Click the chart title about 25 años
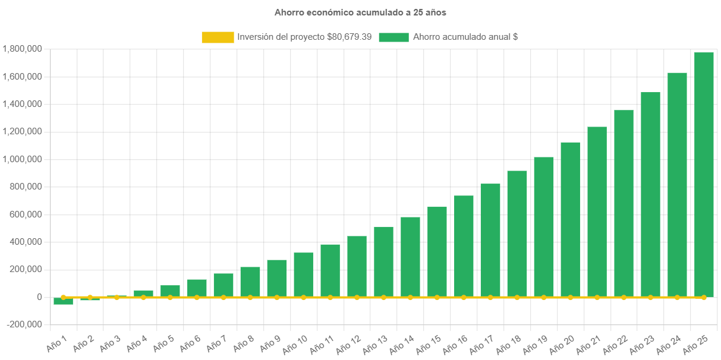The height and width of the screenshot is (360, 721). tap(360, 12)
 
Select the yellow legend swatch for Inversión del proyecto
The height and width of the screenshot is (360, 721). tap(218, 37)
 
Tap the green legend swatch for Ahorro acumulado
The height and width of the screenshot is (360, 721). tap(393, 37)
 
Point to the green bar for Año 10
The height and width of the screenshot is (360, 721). tap(303, 273)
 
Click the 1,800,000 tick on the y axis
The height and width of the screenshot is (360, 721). tap(22, 49)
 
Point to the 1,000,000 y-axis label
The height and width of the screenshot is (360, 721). tap(22, 159)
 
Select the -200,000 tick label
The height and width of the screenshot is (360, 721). tap(24, 324)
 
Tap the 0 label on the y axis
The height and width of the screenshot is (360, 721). tap(39, 297)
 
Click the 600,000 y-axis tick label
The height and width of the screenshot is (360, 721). tap(25, 214)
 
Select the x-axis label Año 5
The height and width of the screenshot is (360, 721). tap(163, 342)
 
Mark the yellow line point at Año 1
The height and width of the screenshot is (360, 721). tap(63, 297)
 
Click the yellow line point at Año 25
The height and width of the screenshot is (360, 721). tap(704, 297)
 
